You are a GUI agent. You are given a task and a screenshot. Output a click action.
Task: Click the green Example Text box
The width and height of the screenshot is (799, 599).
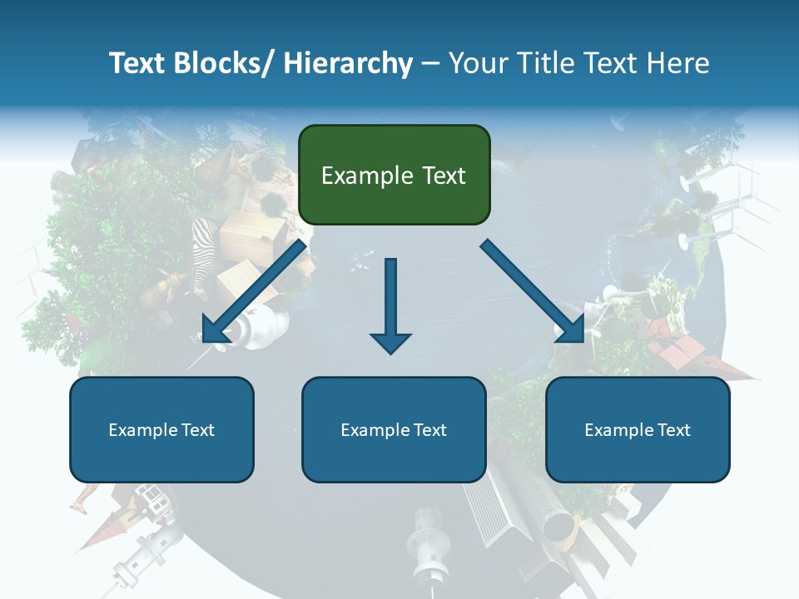(x=394, y=175)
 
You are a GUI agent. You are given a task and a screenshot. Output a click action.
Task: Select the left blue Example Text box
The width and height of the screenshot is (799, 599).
(x=161, y=429)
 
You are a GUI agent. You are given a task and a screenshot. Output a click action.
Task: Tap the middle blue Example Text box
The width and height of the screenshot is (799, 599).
(x=394, y=429)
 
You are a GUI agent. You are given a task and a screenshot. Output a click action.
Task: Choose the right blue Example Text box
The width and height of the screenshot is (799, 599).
(x=638, y=429)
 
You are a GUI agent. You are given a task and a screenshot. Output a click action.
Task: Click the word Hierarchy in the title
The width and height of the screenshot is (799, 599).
(x=348, y=63)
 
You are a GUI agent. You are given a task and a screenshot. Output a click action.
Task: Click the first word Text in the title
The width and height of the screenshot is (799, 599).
(x=136, y=63)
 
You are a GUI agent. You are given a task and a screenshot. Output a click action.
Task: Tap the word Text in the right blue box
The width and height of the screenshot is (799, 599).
(x=673, y=429)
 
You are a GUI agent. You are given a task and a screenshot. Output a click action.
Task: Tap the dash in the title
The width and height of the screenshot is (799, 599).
(x=430, y=64)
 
